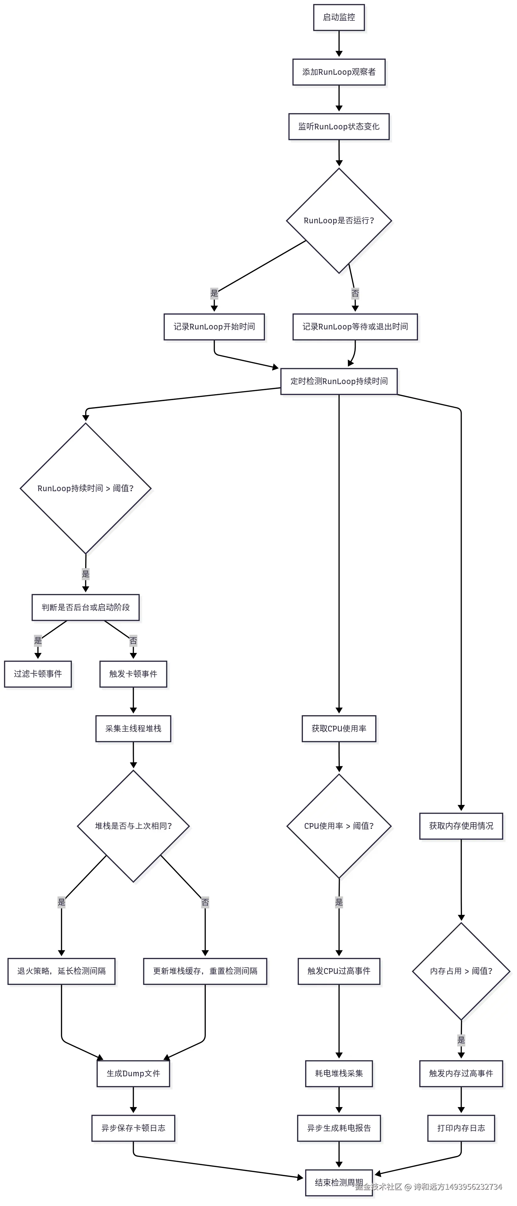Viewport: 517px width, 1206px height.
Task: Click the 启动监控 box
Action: click(338, 17)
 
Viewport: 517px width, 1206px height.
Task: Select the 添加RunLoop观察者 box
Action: click(338, 72)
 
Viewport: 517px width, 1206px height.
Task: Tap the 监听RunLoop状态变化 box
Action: click(338, 126)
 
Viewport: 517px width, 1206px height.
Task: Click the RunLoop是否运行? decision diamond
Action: click(338, 220)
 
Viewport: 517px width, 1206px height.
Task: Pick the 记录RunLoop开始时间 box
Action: click(214, 327)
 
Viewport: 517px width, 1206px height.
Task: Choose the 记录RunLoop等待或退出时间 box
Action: click(355, 327)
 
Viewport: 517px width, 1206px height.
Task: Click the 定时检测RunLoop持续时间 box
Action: click(338, 381)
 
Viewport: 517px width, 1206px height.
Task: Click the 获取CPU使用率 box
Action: click(338, 729)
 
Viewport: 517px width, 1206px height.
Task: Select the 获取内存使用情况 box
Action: click(461, 826)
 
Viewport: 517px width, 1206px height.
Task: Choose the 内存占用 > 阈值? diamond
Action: click(461, 971)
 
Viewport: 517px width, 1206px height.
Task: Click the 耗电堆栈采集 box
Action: click(338, 1073)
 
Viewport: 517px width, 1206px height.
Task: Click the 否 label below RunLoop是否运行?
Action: click(355, 294)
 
